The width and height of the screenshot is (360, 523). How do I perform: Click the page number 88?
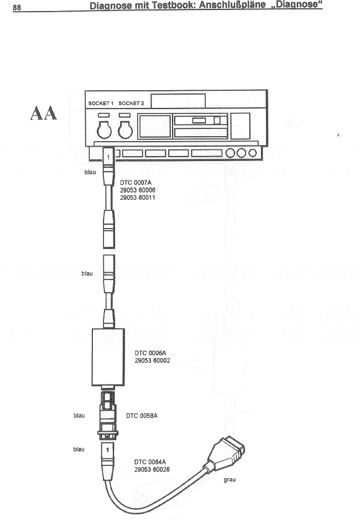pyautogui.click(x=17, y=7)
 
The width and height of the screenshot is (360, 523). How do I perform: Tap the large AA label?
pyautogui.click(x=42, y=113)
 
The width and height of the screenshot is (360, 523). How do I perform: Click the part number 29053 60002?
pyautogui.click(x=153, y=360)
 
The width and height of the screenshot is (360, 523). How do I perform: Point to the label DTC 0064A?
pyautogui.click(x=150, y=461)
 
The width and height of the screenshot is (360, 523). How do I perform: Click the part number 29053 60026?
pyautogui.click(x=152, y=469)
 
